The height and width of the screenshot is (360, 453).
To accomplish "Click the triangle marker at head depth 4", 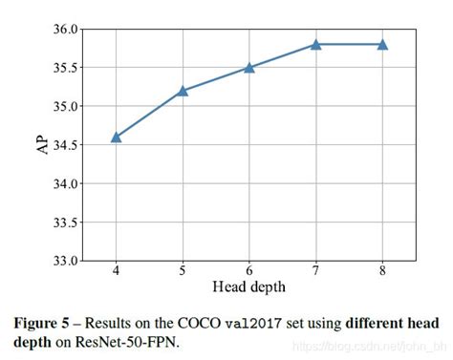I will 116,137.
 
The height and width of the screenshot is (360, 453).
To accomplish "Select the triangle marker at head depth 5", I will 183,91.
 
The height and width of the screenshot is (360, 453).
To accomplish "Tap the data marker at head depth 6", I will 249,67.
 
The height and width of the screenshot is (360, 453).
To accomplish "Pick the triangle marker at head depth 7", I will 315,44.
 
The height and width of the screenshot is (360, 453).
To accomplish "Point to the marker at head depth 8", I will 382,44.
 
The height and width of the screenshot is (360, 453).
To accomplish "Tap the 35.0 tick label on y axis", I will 66,106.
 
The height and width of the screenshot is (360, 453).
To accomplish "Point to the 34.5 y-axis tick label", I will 66,144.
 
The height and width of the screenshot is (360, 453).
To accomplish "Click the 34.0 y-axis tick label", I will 66,183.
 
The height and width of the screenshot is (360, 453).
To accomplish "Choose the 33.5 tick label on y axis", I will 66,222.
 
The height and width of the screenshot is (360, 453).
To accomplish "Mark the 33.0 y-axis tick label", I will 66,260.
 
